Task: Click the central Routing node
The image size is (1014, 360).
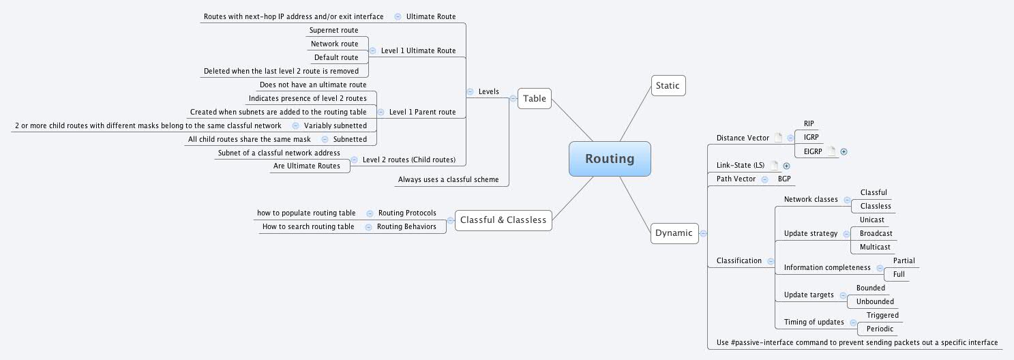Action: coord(610,159)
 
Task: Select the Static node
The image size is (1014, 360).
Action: coord(668,85)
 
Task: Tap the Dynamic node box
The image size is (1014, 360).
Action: coord(674,233)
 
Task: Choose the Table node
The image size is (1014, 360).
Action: coord(535,98)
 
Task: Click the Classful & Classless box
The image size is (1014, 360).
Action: coord(503,220)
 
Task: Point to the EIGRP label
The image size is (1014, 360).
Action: coord(813,151)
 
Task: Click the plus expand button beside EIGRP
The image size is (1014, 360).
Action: coord(844,151)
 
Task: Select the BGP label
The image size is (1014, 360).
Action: coord(784,179)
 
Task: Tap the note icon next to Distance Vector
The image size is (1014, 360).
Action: coord(779,138)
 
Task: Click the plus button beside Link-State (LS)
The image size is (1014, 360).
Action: coord(786,165)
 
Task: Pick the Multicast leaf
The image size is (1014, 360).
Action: coord(875,247)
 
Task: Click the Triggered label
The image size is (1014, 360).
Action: coord(882,315)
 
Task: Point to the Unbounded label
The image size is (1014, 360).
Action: coord(875,301)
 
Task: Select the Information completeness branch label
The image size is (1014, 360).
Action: coord(827,267)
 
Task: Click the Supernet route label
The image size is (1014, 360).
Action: coord(333,30)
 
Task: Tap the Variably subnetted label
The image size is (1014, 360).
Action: coord(335,125)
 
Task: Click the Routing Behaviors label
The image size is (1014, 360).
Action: coord(406,226)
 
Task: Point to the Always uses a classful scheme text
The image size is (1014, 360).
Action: coord(448,180)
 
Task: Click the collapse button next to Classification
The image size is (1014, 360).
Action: coord(770,260)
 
